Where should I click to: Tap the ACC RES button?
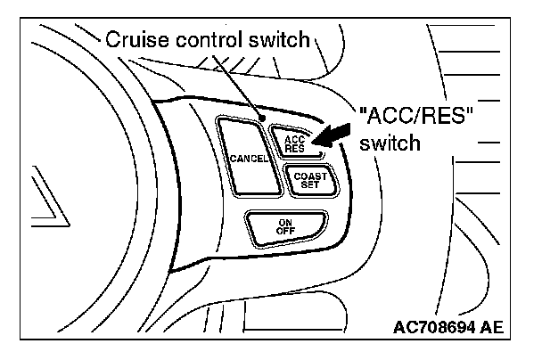point(294,143)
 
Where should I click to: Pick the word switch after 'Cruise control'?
point(282,39)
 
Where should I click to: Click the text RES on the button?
point(294,148)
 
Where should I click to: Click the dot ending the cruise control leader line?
point(261,117)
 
